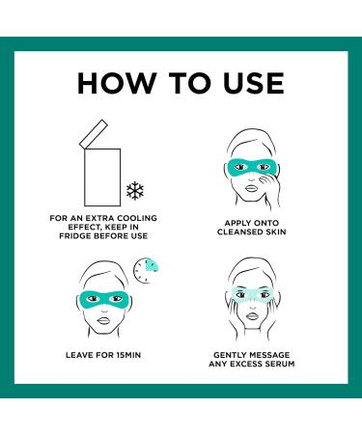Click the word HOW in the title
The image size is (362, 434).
pyautogui.click(x=118, y=83)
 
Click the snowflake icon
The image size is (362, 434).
pyautogui.click(x=135, y=191)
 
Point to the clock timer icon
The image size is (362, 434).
pyautogui.click(x=146, y=270)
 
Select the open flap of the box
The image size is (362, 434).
pyautogui.click(x=94, y=134)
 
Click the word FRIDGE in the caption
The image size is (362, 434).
pyautogui.click(x=74, y=236)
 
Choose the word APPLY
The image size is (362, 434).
pyautogui.click(x=237, y=223)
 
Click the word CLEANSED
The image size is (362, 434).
pyautogui.click(x=237, y=231)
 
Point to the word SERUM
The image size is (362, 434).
pyautogui.click(x=280, y=364)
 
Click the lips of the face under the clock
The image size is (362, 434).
pyautogui.click(x=104, y=320)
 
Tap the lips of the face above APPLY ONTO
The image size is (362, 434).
pyautogui.click(x=251, y=188)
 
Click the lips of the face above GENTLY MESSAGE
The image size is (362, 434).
pyautogui.click(x=252, y=316)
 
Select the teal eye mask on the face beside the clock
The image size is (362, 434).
pyautogui.click(x=104, y=299)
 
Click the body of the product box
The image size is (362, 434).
pyautogui.click(x=102, y=177)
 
